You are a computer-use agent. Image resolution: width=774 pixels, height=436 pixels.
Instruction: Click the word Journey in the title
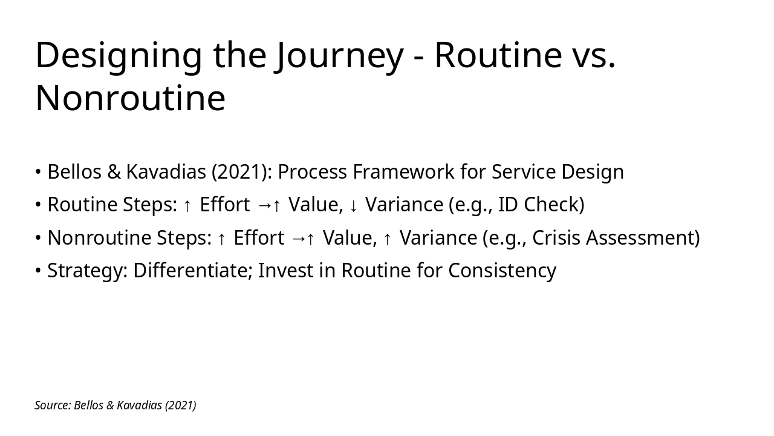pyautogui.click(x=338, y=55)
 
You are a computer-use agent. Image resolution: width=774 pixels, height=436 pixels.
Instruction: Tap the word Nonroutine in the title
pyautogui.click(x=130, y=98)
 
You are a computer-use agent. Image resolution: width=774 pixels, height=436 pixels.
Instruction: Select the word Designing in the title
pyautogui.click(x=118, y=55)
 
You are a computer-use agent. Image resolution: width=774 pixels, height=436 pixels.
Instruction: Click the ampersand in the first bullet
pyautogui.click(x=114, y=172)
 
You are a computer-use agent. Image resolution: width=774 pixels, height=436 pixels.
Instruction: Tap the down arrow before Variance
pyautogui.click(x=354, y=206)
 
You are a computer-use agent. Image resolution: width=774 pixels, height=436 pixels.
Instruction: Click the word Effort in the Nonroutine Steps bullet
pyautogui.click(x=258, y=238)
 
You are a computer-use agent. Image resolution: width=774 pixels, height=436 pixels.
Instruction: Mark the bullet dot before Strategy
pyautogui.click(x=38, y=271)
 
